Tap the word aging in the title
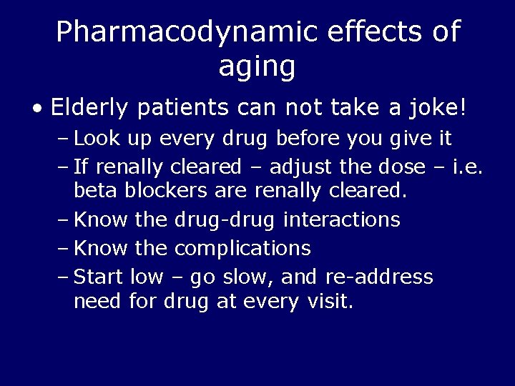[257, 66]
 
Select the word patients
[183, 109]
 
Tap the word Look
[97, 137]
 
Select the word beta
[96, 191]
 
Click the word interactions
[342, 219]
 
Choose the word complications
[242, 249]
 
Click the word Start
[99, 277]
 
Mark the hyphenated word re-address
[379, 277]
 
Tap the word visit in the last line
[327, 302]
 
